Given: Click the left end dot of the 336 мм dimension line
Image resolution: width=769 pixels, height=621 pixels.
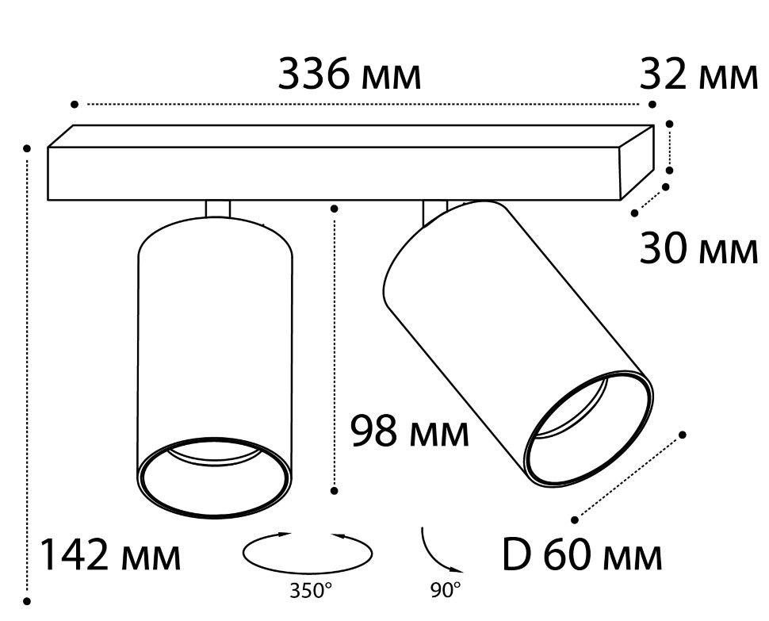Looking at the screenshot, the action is [x=75, y=104].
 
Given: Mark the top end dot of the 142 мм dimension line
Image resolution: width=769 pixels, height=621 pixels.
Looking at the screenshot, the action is [x=28, y=148].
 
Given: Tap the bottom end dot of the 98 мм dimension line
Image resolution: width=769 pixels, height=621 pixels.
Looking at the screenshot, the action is [x=335, y=490].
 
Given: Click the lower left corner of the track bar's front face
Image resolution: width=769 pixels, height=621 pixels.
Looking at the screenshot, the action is [x=48, y=200].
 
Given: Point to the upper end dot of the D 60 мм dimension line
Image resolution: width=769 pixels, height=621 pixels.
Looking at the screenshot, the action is [x=682, y=435].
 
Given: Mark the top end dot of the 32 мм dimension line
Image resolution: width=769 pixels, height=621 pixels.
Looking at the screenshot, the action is [x=669, y=124].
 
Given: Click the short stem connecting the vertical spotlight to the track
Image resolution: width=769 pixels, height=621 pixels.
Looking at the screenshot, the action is [x=218, y=209].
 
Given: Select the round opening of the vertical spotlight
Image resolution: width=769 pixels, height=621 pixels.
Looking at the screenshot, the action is [x=214, y=477].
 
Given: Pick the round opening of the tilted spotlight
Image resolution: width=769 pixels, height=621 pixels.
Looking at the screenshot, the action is [x=588, y=428].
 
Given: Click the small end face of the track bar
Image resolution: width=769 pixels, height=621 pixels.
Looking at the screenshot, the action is [x=637, y=162].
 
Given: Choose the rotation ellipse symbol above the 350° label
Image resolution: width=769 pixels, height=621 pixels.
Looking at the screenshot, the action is [x=308, y=553].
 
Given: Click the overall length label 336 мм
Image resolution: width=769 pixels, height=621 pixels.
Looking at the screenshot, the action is [x=350, y=75].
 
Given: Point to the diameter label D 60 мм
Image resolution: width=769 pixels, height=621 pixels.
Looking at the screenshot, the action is [x=583, y=555].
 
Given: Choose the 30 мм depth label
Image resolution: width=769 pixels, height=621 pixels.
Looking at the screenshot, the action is [x=699, y=249].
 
